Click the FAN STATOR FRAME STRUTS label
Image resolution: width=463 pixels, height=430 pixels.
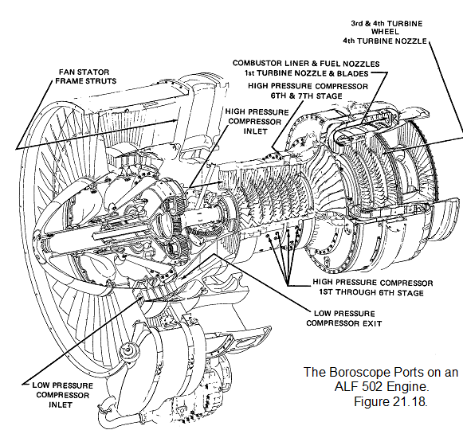pyautogui.click(x=85, y=76)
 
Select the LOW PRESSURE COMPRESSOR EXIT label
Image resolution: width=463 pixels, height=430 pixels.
pyautogui.click(x=344, y=319)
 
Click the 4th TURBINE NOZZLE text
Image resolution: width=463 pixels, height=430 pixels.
pyautogui.click(x=385, y=41)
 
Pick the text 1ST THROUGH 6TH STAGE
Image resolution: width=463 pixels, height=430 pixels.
pyautogui.click(x=371, y=292)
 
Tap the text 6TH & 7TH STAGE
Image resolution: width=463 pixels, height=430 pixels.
pyautogui.click(x=307, y=96)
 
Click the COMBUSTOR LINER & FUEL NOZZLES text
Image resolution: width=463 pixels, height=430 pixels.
pyautogui.click(x=306, y=64)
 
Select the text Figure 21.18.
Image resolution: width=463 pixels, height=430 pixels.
pyautogui.click(x=390, y=401)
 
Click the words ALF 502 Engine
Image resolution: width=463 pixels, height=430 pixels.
pyautogui.click(x=381, y=387)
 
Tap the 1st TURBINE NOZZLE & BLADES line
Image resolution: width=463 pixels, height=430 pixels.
pyautogui.click(x=306, y=73)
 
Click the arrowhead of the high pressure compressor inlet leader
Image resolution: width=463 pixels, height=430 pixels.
pyautogui.click(x=219, y=182)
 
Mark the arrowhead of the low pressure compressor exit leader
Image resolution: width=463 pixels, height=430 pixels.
pyautogui.click(x=182, y=277)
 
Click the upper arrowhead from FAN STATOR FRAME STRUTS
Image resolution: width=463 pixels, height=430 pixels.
pyautogui.click(x=175, y=120)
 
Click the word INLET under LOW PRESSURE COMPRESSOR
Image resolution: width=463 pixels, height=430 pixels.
pyautogui.click(x=61, y=405)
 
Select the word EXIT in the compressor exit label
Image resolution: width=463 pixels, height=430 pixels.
pyautogui.click(x=372, y=323)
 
